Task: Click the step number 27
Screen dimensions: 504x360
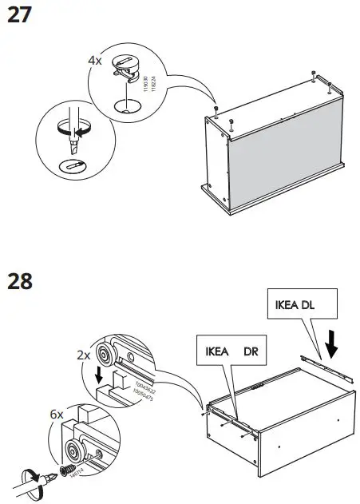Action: [x=19, y=15]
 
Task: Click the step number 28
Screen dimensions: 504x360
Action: [x=20, y=282]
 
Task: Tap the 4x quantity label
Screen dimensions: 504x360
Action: [x=95, y=60]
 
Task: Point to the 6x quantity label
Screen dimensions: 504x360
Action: [x=56, y=415]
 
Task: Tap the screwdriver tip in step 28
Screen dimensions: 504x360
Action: [x=45, y=478]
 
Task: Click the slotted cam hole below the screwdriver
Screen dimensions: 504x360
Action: [x=71, y=166]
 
